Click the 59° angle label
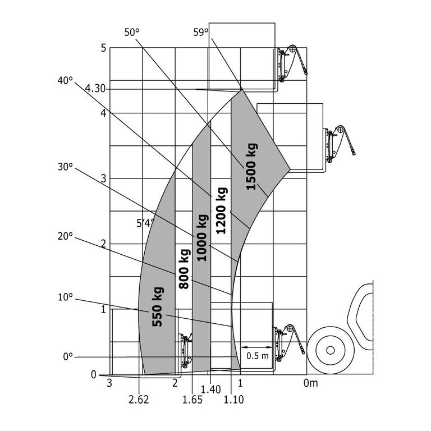(x=201, y=33)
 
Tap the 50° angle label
(x=132, y=33)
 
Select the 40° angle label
(x=66, y=81)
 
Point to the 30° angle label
(x=66, y=167)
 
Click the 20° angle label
(x=66, y=236)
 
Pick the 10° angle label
(x=66, y=297)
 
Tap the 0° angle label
(x=68, y=356)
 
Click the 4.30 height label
(x=95, y=89)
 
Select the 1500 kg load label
(x=252, y=167)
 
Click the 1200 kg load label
(x=222, y=210)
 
